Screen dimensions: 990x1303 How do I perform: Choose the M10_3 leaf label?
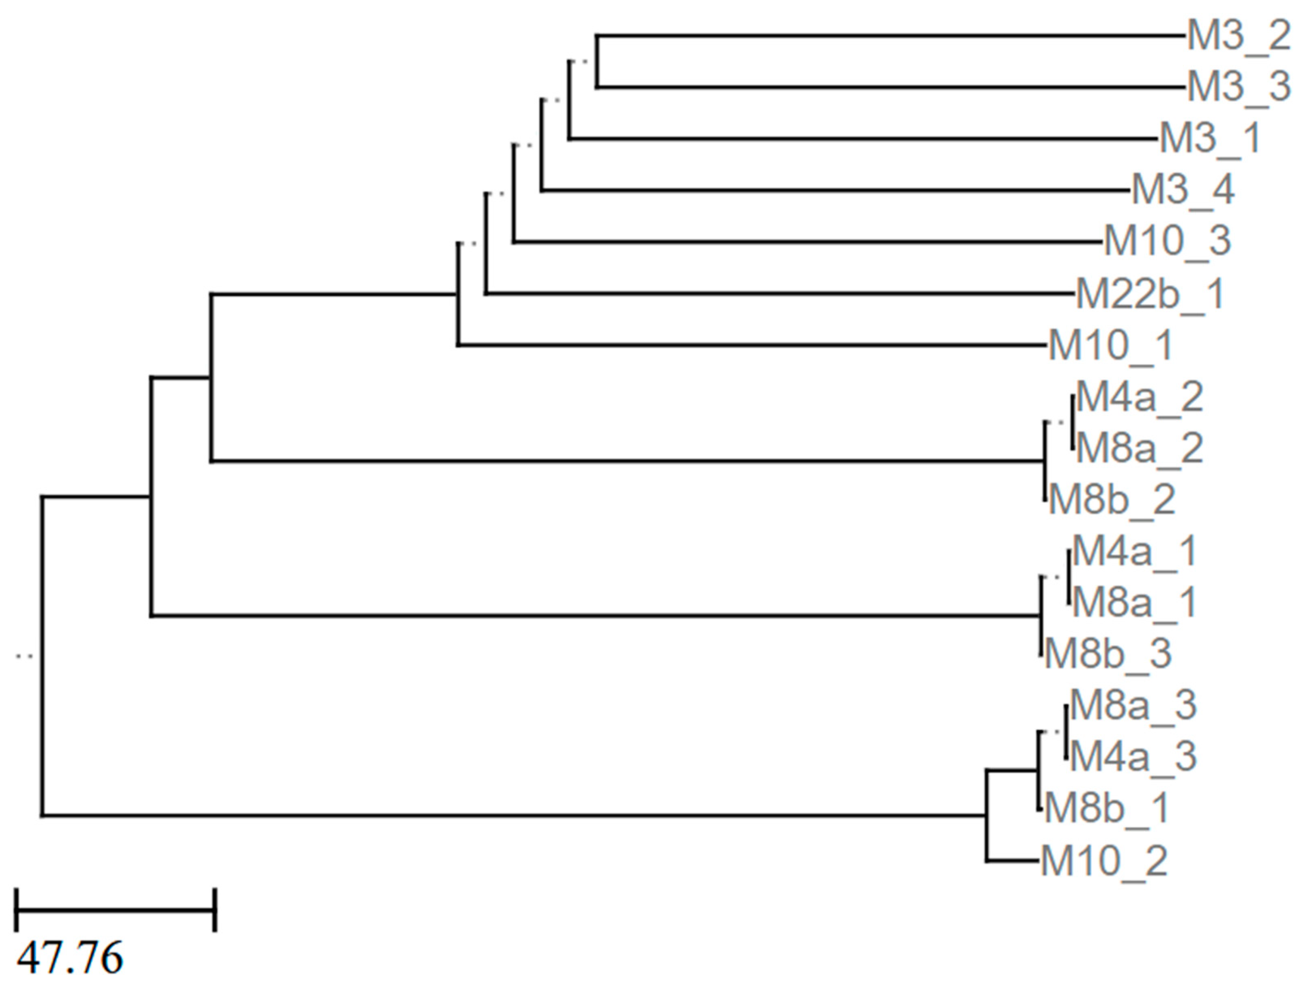[1167, 241]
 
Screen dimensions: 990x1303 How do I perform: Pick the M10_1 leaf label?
[1111, 345]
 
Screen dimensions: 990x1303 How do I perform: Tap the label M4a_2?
[1139, 397]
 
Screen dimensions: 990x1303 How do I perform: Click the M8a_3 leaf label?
[1133, 705]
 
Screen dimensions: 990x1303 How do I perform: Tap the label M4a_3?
[1133, 757]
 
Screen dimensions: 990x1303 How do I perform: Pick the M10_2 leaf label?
[1104, 861]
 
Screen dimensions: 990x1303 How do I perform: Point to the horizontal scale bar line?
[116, 910]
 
